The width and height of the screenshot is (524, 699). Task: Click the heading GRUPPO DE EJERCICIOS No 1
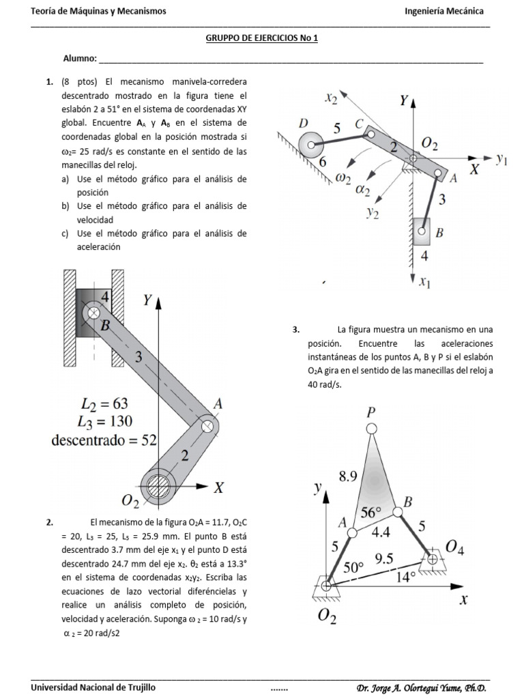coord(262,39)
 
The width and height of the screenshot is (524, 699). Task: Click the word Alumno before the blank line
coord(79,59)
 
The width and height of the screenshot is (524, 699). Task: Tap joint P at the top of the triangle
coord(371,428)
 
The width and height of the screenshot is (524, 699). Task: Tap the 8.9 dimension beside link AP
coord(348,478)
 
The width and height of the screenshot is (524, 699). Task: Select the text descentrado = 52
coord(104,440)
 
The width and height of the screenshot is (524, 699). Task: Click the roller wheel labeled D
coord(312,145)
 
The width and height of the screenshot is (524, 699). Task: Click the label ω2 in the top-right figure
coord(343,178)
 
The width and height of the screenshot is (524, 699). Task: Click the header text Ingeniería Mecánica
coord(444,12)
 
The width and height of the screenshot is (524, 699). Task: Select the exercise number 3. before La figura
coord(295,330)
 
